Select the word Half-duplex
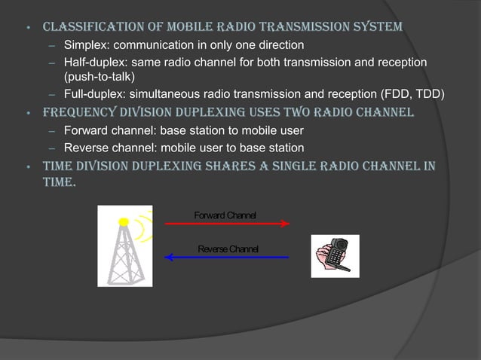click(88, 62)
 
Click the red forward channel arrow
click(227, 224)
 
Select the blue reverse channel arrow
click(227, 258)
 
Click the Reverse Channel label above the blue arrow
click(227, 249)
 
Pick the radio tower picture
click(125, 246)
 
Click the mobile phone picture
click(335, 256)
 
